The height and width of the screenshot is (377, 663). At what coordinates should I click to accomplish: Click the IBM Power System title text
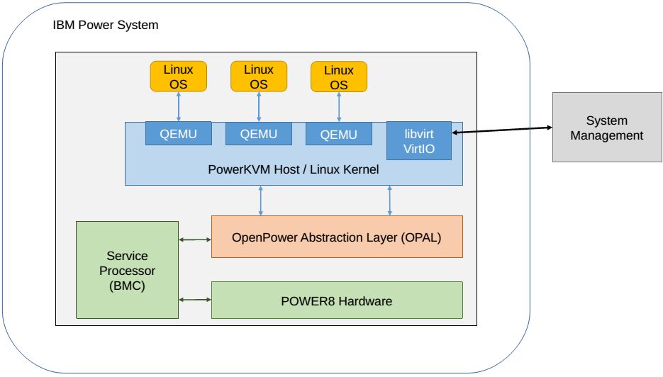(x=106, y=26)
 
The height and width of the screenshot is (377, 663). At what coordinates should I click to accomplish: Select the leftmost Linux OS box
(x=178, y=77)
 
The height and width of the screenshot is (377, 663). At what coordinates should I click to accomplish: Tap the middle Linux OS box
(x=259, y=77)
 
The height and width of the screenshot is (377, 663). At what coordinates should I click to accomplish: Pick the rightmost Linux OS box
(x=339, y=77)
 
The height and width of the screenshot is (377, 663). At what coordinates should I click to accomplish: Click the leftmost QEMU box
(x=178, y=134)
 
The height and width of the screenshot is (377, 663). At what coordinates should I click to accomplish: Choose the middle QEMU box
(x=259, y=134)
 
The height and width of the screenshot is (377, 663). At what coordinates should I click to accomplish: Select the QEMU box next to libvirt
(x=339, y=134)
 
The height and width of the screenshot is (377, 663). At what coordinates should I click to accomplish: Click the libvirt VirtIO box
(x=418, y=140)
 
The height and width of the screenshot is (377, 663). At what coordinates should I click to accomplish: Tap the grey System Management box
(x=607, y=128)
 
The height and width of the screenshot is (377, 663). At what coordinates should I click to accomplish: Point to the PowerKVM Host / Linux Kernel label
(x=294, y=170)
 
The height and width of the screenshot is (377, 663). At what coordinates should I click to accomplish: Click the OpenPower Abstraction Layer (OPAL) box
(x=337, y=237)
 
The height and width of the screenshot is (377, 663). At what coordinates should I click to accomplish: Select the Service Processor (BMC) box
(x=127, y=270)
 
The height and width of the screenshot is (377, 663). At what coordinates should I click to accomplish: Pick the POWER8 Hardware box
(x=337, y=300)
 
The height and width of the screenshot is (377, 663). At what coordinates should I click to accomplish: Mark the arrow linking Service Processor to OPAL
(x=195, y=240)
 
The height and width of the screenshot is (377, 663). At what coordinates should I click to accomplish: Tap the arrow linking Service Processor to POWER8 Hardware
(x=195, y=300)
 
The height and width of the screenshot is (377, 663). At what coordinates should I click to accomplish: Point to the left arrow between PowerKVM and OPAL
(x=262, y=201)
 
